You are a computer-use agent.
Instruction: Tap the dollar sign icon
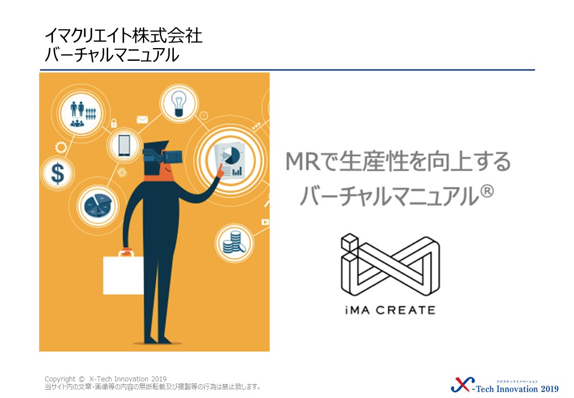click(x=57, y=173)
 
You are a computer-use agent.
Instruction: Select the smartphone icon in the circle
click(x=124, y=145)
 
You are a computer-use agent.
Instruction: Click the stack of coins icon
click(x=234, y=242)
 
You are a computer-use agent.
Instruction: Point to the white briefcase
click(x=124, y=274)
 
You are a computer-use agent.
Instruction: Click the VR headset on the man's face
click(x=162, y=156)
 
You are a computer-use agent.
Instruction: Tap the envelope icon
click(x=142, y=119)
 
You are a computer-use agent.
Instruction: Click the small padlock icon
click(x=114, y=123)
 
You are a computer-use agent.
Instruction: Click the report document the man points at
click(x=230, y=161)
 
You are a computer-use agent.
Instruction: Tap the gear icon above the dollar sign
click(x=61, y=148)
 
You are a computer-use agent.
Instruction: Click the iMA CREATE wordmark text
click(x=390, y=311)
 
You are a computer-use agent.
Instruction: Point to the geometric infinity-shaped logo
click(x=390, y=265)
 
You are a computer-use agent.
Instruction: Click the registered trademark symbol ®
click(x=486, y=191)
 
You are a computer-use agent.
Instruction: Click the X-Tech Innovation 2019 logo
click(x=505, y=386)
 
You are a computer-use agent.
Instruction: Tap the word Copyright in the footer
click(x=60, y=379)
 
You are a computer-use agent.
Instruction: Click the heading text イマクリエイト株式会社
click(x=124, y=36)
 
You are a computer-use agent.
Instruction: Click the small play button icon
click(x=265, y=222)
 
